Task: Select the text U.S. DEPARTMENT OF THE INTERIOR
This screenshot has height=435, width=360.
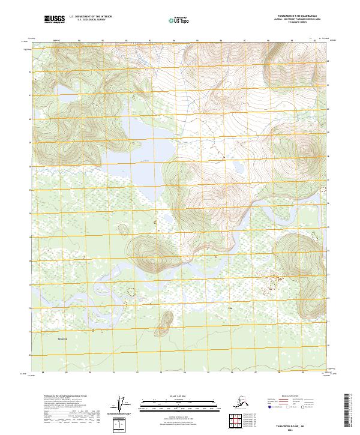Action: click(91, 18)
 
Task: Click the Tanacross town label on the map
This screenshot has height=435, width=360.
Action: click(63, 340)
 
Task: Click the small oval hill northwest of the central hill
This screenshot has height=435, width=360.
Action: click(123, 230)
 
